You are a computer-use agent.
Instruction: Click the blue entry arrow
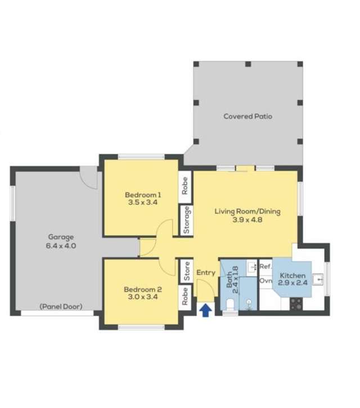206,310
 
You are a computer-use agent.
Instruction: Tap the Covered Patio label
247,116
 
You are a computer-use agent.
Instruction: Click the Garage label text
60,241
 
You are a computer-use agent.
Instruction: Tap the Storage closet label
186,220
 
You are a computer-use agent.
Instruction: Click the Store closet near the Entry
186,272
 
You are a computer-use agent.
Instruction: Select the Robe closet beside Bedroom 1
185,185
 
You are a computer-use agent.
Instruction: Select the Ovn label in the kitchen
265,280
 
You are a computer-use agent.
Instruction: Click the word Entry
206,273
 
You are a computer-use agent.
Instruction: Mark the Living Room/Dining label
247,216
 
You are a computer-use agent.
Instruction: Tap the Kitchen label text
292,280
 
